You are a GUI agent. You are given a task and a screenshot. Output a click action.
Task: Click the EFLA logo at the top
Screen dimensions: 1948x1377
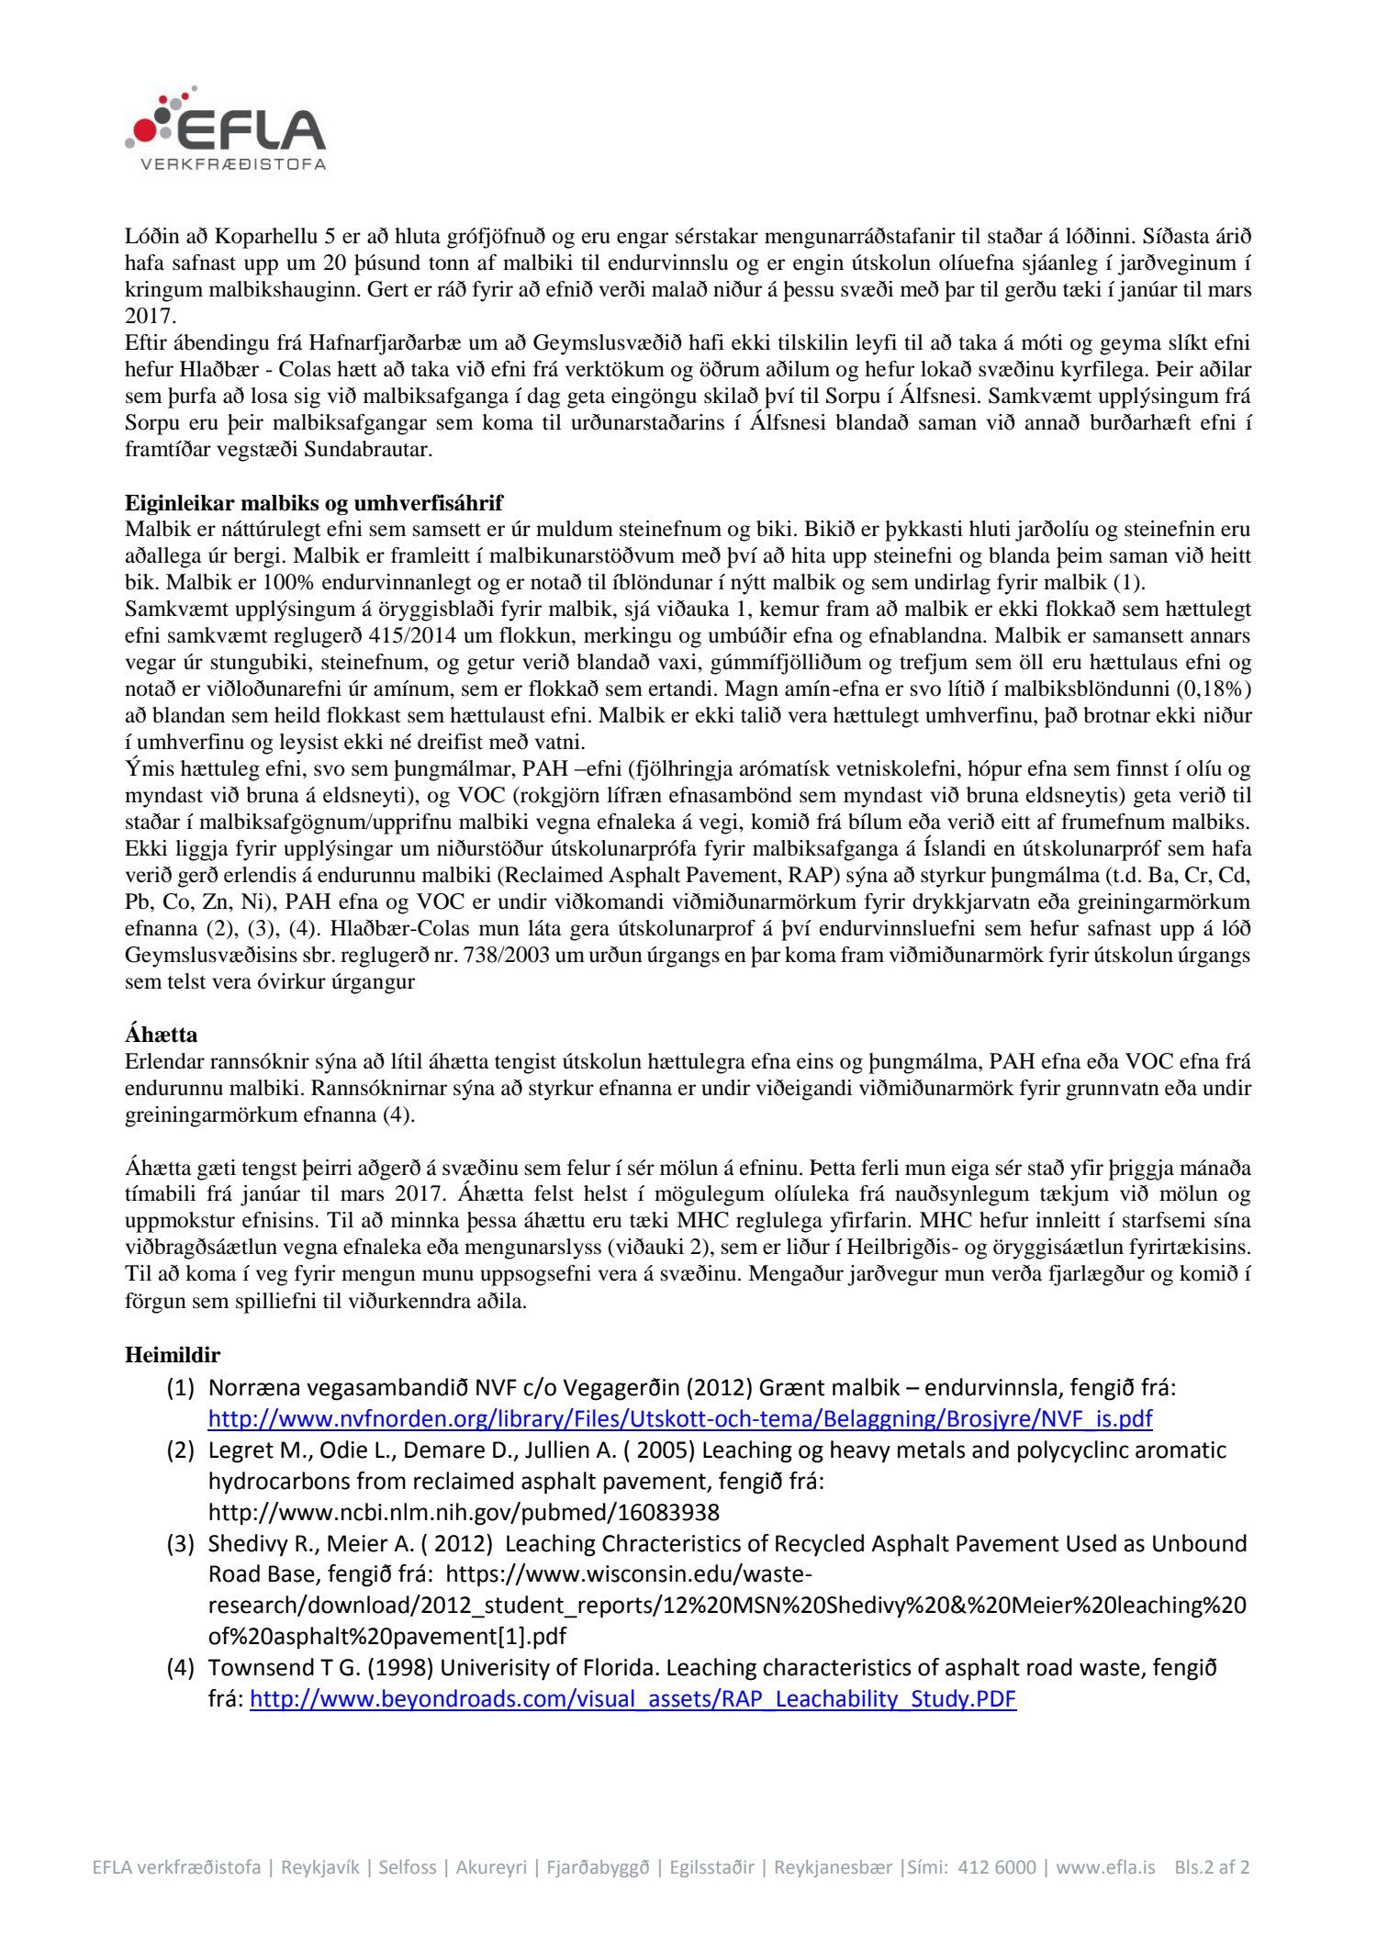(x=226, y=129)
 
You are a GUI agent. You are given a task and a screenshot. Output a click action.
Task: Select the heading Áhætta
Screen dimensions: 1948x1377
(x=161, y=1035)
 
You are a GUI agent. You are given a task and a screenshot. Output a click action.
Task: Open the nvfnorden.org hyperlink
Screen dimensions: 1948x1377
(x=679, y=1418)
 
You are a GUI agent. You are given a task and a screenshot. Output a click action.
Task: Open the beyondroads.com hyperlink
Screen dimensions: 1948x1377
(x=633, y=1698)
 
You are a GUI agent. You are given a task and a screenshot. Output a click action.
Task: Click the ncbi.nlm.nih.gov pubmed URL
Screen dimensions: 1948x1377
(x=464, y=1512)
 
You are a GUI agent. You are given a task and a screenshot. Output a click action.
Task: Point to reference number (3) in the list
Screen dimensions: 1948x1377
(x=180, y=1543)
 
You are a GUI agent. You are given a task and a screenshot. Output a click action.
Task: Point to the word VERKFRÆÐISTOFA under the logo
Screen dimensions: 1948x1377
(x=233, y=165)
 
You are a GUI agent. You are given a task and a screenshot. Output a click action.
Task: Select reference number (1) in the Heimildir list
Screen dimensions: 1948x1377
(x=180, y=1387)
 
